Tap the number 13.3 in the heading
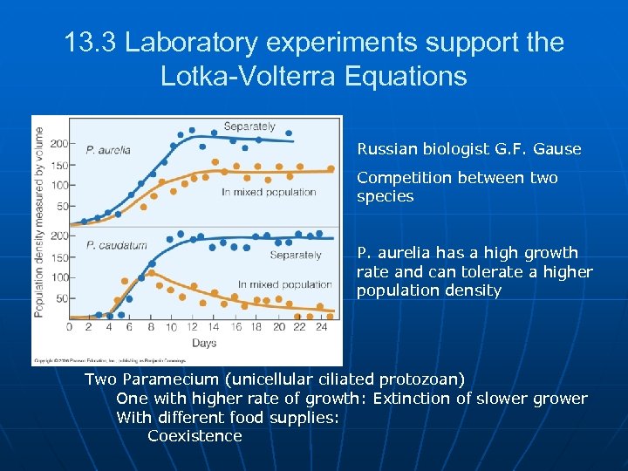click(92, 43)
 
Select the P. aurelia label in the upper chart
click(107, 150)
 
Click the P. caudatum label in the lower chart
click(116, 245)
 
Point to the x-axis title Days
click(203, 344)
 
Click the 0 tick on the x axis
click(70, 327)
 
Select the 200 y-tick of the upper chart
click(58, 144)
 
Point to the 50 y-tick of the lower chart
click(61, 298)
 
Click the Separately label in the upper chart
click(249, 127)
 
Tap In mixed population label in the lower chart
click(284, 284)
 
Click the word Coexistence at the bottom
click(195, 436)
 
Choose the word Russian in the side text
click(386, 149)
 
